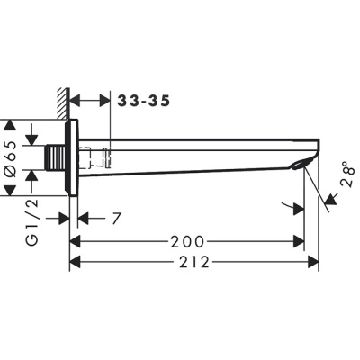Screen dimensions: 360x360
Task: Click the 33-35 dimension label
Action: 143,100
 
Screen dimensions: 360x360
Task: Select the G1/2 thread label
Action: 32,224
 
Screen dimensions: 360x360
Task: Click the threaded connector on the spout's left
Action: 58,158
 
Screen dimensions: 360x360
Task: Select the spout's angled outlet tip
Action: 310,163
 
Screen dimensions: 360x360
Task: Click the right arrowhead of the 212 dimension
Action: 315,262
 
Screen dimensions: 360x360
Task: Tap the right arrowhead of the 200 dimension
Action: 299,241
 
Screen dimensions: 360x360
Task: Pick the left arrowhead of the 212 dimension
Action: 76,262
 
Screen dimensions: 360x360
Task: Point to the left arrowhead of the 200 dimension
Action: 76,241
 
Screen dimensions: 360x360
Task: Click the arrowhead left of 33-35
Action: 76,100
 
